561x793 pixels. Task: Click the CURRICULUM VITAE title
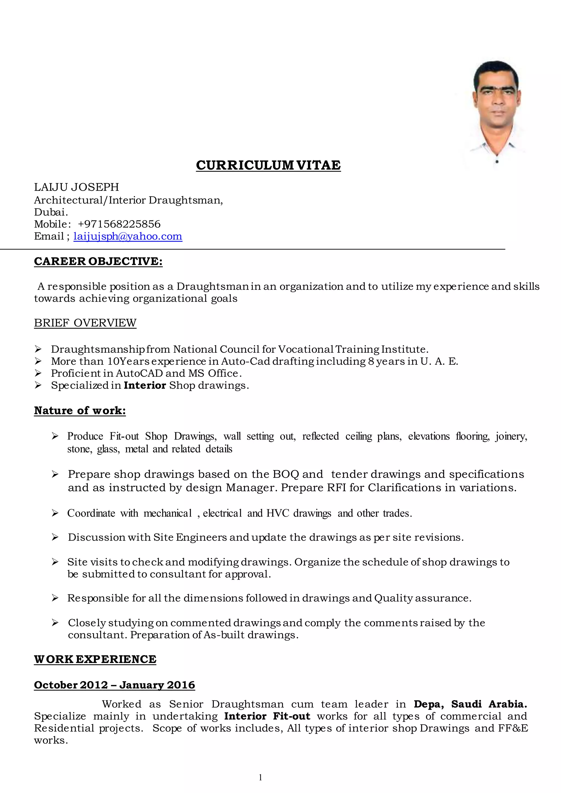[268, 165]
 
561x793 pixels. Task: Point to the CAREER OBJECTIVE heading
[98, 261]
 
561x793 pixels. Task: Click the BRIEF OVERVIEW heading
[85, 323]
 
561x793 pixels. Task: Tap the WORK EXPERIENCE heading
[95, 659]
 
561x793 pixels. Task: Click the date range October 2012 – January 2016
[114, 685]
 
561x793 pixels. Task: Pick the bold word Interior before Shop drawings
[145, 386]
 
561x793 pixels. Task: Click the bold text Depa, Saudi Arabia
[470, 704]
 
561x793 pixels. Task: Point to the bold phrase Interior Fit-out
[267, 716]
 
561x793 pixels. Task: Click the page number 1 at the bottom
[261, 777]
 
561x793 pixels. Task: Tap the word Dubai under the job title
[50, 212]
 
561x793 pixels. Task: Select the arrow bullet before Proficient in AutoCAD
[38, 373]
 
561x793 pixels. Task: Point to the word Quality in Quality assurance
[393, 598]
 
